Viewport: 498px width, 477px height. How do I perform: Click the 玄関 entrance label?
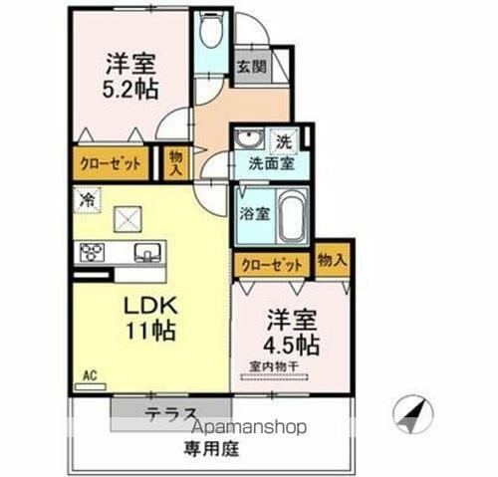click(250, 67)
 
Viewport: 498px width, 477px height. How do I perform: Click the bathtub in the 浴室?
click(292, 217)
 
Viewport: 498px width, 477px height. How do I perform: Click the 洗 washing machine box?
click(284, 140)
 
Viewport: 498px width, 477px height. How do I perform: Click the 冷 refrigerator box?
click(87, 198)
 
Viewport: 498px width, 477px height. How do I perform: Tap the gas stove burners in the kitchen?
click(93, 252)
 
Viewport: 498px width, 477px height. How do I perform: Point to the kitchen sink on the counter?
click(145, 252)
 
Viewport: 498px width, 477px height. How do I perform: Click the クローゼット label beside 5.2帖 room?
click(111, 162)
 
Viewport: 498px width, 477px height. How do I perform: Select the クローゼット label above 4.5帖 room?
click(272, 265)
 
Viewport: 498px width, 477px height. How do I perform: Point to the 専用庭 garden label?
click(207, 449)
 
